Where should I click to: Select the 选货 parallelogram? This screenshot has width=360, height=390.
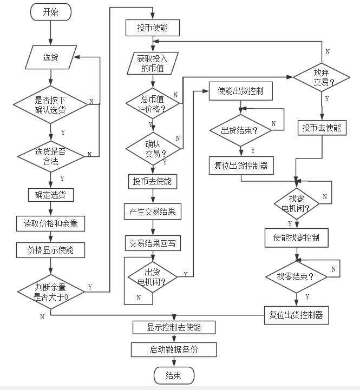(50, 57)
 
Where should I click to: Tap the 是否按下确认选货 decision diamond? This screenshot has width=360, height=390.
(50, 102)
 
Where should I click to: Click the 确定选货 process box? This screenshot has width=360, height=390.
(51, 194)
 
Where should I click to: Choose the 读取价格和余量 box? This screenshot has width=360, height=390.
(51, 223)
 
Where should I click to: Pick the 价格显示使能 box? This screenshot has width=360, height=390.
(51, 250)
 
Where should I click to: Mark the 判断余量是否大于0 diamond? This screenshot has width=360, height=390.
(51, 292)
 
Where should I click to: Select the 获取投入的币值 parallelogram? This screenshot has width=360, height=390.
(152, 63)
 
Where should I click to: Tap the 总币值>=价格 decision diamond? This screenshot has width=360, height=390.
(153, 102)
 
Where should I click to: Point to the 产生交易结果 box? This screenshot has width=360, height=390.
(153, 211)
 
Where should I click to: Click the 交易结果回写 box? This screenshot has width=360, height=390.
(153, 243)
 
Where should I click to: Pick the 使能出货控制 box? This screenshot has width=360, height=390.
(240, 91)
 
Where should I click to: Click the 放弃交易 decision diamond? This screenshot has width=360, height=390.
(322, 77)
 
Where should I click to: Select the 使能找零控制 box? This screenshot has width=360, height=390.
(296, 237)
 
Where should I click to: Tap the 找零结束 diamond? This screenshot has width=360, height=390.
(296, 276)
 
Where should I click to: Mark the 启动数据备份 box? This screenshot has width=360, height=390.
(174, 349)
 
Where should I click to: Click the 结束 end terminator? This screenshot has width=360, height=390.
(173, 375)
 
